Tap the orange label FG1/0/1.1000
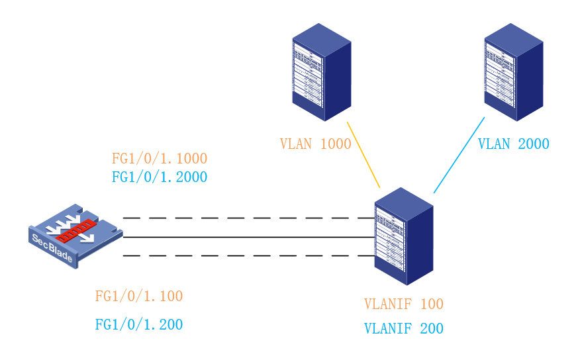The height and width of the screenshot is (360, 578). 160,159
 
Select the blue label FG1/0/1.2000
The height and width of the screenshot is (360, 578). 160,177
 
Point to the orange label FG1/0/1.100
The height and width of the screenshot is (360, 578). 139,296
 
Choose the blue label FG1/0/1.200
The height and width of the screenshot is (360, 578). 139,324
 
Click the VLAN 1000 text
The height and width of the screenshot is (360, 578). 315,144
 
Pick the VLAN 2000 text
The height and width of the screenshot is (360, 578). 513,144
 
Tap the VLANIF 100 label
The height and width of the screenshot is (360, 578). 404,304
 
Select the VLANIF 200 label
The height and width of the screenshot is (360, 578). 404,328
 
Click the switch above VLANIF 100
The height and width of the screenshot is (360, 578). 403,236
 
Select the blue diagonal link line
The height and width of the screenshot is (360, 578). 459,156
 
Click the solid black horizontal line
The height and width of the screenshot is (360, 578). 248,236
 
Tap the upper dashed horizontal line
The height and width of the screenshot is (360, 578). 248,217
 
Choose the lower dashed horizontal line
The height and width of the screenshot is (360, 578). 248,255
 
